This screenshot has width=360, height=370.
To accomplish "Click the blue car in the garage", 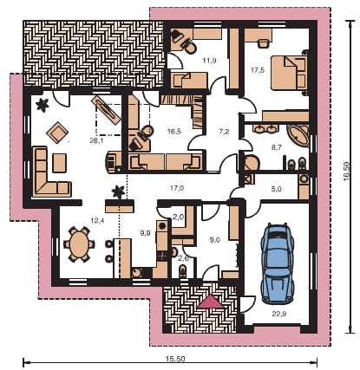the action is pos(277,263).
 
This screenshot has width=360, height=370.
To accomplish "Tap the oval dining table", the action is pos(79,244).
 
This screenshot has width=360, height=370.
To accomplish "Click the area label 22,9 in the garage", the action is pos(279,314).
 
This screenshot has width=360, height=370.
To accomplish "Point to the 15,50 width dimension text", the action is pos(175,359).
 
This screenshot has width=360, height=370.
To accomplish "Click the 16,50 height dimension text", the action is pos(347,172).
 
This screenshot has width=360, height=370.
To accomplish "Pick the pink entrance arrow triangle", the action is pos(211,302).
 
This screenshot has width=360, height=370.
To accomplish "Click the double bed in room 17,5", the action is pos(288,73).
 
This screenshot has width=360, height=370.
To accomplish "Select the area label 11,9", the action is pos(210,61).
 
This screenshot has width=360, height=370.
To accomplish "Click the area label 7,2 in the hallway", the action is pos(223,132).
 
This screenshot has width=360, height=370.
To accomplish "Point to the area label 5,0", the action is pos(277,190).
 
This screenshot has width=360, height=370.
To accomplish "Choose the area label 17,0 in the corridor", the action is pos(177,188).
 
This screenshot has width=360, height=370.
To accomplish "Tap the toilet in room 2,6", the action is pos(183,272).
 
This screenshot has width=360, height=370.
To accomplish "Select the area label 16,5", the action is pos(174,132).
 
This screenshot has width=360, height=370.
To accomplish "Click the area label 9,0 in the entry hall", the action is pos(214,239).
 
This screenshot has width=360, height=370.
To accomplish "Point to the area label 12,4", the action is pos(97,221).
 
